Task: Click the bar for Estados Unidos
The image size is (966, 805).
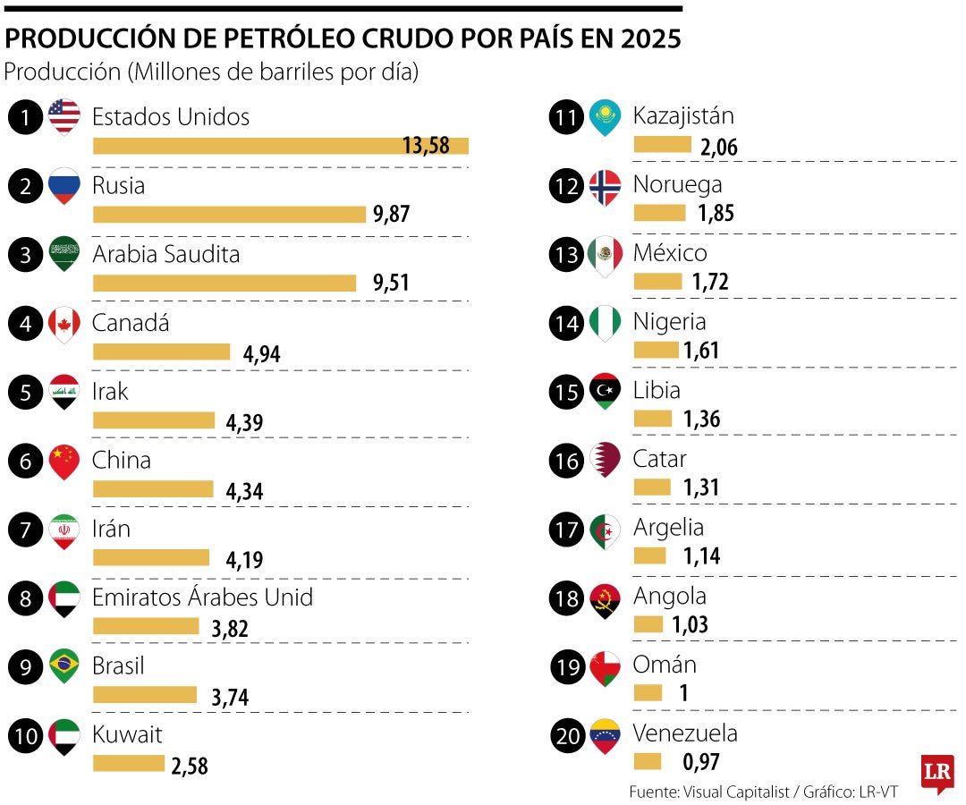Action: [280, 146]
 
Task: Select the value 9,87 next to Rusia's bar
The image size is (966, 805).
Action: [391, 214]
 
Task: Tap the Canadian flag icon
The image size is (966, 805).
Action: [64, 324]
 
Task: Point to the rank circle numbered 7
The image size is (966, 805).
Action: [26, 530]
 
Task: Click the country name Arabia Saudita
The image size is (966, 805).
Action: [166, 254]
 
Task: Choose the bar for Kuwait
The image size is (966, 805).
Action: [129, 763]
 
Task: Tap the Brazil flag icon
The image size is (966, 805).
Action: [64, 666]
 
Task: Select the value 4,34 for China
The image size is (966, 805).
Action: [245, 490]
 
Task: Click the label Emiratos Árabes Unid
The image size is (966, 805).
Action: [202, 597]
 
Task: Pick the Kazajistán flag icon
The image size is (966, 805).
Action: [605, 117]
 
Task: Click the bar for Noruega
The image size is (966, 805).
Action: [659, 213]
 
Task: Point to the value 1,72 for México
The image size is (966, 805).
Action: [710, 283]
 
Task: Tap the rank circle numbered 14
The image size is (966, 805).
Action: [567, 324]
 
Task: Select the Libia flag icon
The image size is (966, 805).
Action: [605, 392]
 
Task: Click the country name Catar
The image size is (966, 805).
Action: [660, 459]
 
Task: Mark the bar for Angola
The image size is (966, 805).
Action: [648, 623]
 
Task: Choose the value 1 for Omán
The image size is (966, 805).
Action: [683, 693]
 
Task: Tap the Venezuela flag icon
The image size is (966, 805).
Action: [605, 735]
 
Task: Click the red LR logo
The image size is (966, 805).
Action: [937, 771]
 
